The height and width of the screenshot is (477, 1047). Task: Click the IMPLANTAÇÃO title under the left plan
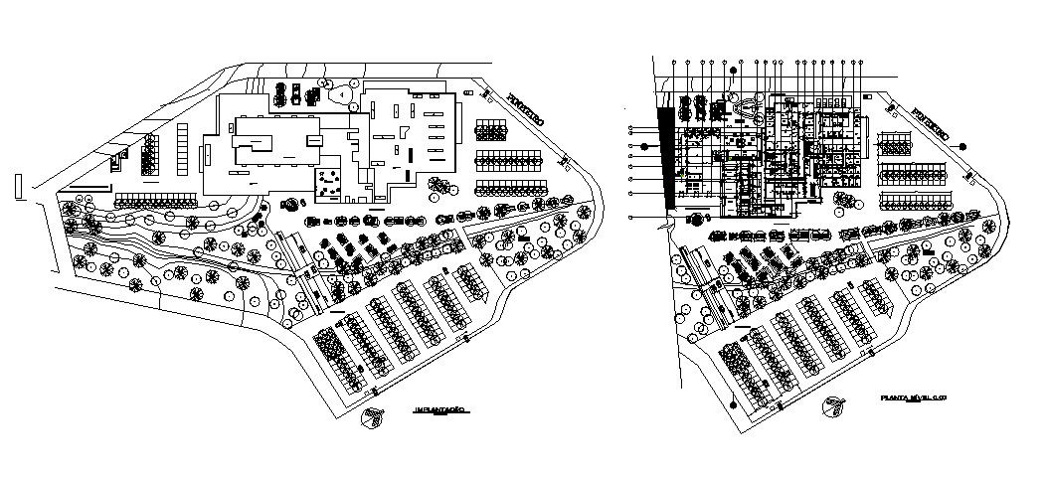(x=440, y=408)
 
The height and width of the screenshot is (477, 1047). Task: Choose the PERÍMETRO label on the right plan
(x=930, y=120)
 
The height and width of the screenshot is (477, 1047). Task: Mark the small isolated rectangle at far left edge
(x=19, y=186)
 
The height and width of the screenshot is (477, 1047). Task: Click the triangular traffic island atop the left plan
(x=342, y=93)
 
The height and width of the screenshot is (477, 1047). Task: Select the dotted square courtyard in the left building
(x=329, y=183)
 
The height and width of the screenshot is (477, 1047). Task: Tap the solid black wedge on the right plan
(x=667, y=159)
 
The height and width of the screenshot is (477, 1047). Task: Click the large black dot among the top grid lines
(x=733, y=71)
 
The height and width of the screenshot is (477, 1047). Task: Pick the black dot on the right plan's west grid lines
(x=644, y=146)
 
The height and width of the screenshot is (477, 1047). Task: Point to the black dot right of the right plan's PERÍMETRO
(x=962, y=146)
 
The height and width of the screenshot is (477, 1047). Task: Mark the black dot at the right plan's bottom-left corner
(x=733, y=403)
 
